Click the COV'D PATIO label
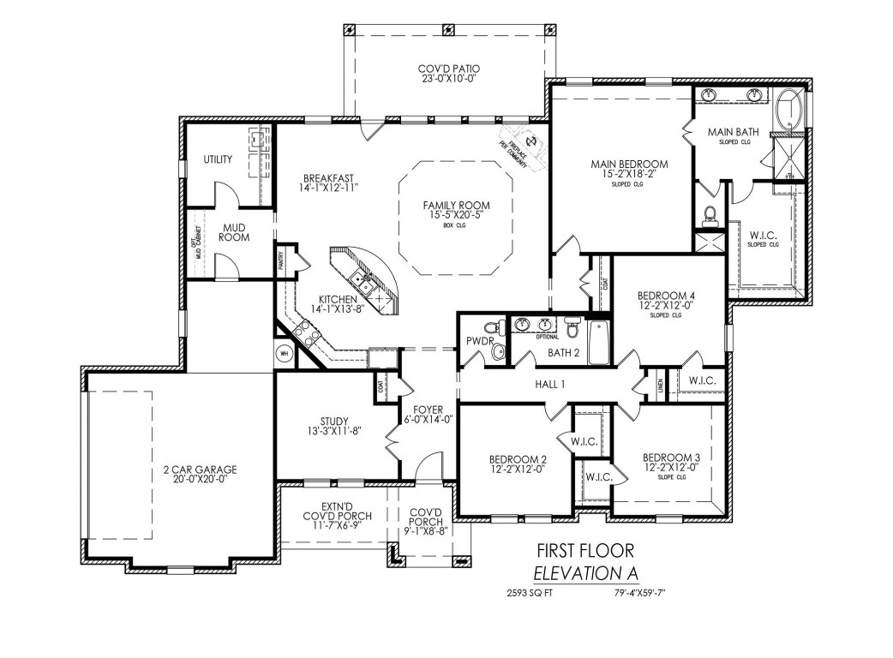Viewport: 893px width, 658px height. pyautogui.click(x=448, y=69)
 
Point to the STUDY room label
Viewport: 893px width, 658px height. pyautogui.click(x=333, y=421)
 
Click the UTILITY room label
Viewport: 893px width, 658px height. pyautogui.click(x=218, y=160)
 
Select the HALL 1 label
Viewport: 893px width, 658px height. pyautogui.click(x=550, y=385)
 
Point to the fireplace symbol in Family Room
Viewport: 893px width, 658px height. pyautogui.click(x=529, y=141)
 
